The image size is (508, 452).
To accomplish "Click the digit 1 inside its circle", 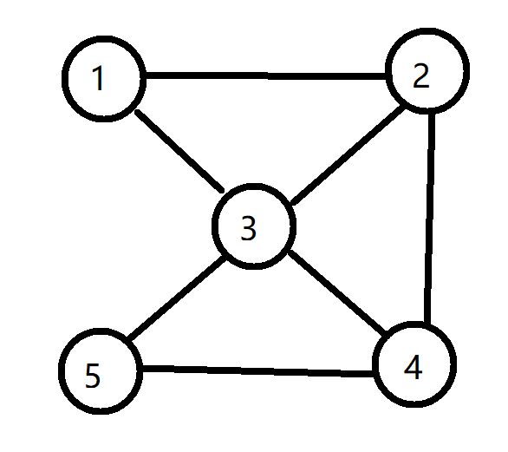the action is [x=98, y=78].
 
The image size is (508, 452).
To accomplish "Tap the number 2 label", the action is [x=421, y=75].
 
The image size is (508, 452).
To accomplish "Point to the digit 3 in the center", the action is [x=249, y=228].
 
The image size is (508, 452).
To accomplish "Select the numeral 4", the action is [x=414, y=367].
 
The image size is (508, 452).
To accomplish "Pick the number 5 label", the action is [x=93, y=375].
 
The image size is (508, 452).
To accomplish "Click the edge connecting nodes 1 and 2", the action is [x=265, y=75].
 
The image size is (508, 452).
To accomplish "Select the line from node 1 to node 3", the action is [x=179, y=151].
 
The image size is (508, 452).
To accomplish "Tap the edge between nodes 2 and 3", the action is [x=348, y=155].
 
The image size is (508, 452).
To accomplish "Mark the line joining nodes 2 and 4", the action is [x=430, y=219].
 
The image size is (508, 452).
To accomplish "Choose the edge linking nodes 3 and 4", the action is [x=337, y=292].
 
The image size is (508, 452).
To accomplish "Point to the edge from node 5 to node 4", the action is [x=257, y=371].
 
